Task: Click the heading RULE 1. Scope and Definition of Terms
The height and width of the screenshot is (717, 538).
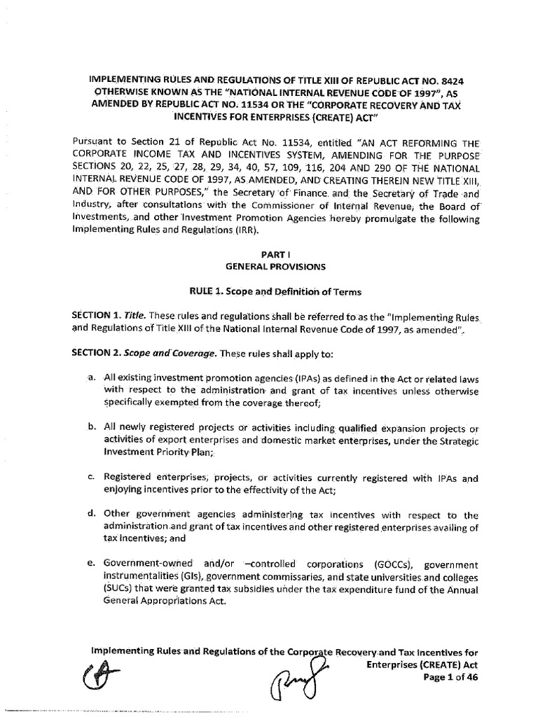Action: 269,288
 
